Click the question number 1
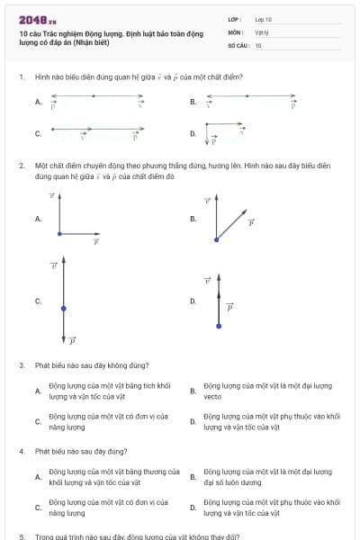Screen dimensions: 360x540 point(21,77)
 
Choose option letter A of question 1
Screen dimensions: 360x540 point(38,103)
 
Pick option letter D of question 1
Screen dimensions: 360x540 point(193,134)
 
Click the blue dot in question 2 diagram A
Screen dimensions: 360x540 point(59,234)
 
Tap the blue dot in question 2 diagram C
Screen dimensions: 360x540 point(63,308)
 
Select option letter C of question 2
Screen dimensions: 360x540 point(38,301)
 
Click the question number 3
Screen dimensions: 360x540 point(21,365)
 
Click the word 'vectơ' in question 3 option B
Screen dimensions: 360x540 point(212,396)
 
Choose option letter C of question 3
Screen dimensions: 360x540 point(38,421)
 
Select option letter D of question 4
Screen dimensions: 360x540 point(193,508)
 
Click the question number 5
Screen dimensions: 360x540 point(21,536)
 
